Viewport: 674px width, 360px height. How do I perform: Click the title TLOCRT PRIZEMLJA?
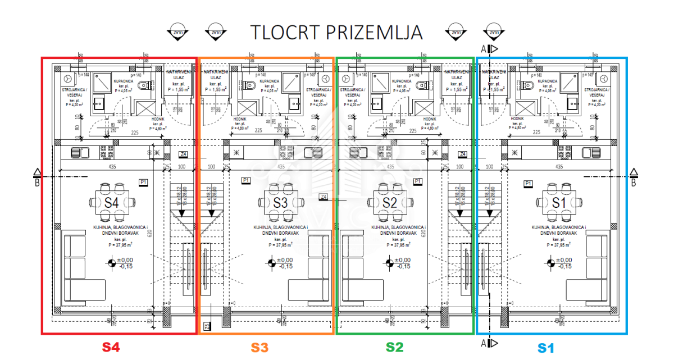coord(336,33)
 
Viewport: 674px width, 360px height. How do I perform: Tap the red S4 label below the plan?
coord(111,348)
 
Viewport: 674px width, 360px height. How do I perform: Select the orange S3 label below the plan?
coord(259,348)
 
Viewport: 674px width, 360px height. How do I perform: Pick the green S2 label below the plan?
coord(394,348)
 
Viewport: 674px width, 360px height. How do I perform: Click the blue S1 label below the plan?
coord(545,348)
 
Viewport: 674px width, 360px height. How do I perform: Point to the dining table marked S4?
coord(111,202)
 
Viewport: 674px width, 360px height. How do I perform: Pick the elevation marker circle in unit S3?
coord(272,262)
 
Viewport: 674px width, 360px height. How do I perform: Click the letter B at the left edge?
coord(37,181)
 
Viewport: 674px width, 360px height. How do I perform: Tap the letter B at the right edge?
coord(634,182)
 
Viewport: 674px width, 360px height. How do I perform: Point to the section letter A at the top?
coord(484,49)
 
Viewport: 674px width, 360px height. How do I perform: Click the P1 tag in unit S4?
coord(143,181)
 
